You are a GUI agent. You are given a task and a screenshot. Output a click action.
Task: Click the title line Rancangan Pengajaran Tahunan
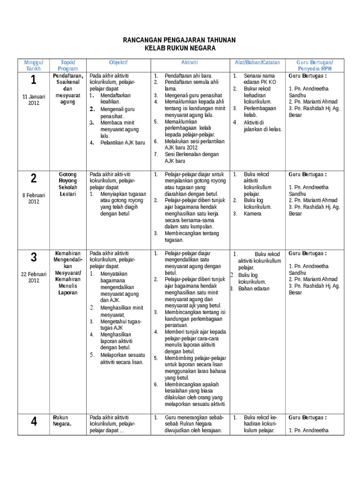[x=180, y=40]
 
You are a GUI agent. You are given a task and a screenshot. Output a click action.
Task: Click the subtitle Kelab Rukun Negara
[x=180, y=49]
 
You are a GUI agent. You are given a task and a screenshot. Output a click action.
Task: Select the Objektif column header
[x=118, y=62]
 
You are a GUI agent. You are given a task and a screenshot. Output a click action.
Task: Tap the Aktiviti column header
[x=189, y=62]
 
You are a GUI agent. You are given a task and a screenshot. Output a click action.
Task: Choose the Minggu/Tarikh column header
[x=34, y=65]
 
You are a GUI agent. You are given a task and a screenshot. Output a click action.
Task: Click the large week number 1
[x=33, y=80]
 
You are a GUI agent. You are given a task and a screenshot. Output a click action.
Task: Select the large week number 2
[x=33, y=178]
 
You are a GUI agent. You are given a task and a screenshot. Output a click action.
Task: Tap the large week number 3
[x=33, y=257]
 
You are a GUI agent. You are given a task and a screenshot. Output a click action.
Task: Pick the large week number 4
[x=33, y=421]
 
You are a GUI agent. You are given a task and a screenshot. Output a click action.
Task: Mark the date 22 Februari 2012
[x=33, y=277]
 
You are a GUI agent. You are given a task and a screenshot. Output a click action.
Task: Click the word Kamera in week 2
[x=252, y=213]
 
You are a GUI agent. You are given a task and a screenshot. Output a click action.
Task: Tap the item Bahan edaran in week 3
[x=254, y=289]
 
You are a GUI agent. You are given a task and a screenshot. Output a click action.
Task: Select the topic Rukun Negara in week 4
[x=62, y=421]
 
